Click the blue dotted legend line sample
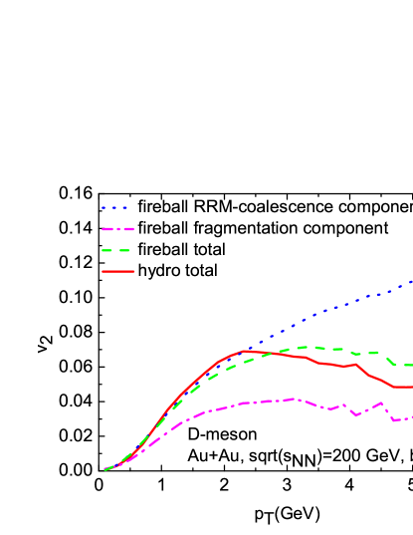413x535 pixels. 114,208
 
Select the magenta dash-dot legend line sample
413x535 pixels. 116,229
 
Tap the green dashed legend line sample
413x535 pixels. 116,250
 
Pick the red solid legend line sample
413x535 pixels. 116,271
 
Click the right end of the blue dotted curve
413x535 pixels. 411,283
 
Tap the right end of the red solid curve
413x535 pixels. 411,387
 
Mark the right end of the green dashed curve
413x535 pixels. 411,365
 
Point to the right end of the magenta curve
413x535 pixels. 411,417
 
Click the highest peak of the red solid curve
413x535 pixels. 244,351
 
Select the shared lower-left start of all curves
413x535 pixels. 104,469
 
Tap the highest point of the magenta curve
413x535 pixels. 295,399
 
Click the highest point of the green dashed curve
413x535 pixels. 304,347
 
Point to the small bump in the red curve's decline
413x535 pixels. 355,365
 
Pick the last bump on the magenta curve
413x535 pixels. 381,403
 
